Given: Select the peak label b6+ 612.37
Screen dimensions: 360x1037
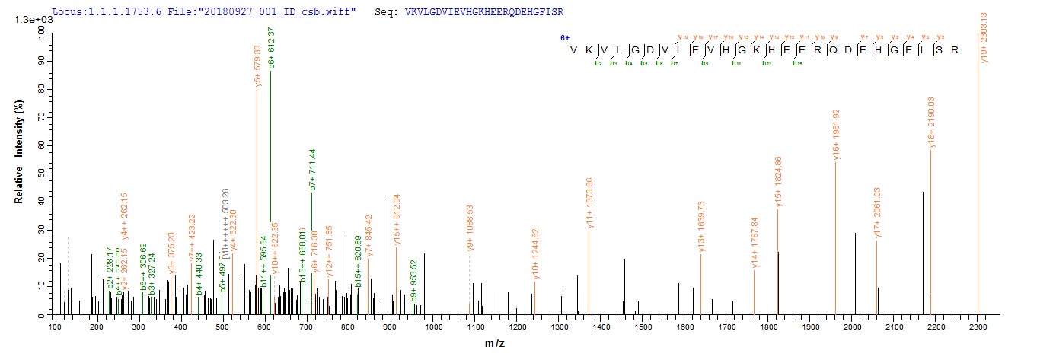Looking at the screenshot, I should point(272,47).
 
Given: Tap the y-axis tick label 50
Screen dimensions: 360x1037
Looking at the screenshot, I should point(39,174).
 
